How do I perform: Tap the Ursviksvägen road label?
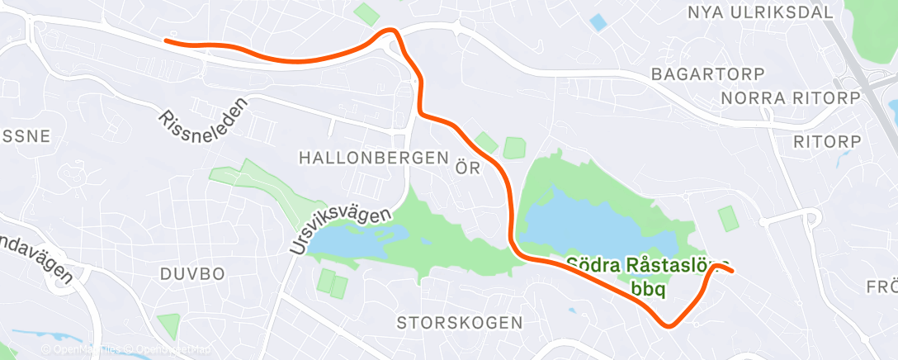point(339,230)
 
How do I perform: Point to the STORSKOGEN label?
point(460,321)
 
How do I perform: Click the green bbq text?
point(648,289)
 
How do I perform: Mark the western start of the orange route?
point(168,40)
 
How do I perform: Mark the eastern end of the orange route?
point(731,270)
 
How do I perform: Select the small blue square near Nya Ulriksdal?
point(597,22)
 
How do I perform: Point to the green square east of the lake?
point(727,218)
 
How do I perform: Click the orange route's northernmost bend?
point(392,31)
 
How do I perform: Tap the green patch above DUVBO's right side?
point(168,324)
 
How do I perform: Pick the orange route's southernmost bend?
point(669,324)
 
